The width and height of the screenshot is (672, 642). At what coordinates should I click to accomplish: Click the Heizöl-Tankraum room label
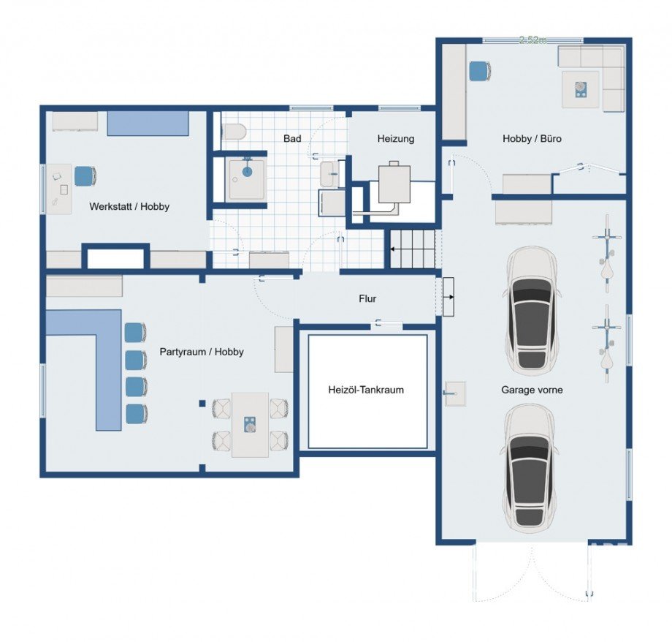(366, 390)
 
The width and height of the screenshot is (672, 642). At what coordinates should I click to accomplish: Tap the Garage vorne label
(532, 390)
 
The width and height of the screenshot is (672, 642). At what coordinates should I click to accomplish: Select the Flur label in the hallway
(368, 298)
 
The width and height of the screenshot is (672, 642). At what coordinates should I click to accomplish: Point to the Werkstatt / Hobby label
(129, 207)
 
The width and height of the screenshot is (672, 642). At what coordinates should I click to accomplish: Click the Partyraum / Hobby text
(202, 352)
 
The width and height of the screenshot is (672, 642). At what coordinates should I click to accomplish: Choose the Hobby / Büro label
(532, 138)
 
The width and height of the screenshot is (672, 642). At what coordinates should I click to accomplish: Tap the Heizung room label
(396, 138)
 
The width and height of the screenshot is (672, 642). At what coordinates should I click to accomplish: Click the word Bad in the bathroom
(293, 138)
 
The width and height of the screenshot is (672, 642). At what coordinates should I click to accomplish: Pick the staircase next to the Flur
(412, 249)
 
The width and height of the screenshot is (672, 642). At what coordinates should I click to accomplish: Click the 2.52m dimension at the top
(532, 40)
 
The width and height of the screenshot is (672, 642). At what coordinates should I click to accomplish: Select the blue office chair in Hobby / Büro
(478, 71)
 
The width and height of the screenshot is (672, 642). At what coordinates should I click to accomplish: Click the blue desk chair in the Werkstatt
(85, 176)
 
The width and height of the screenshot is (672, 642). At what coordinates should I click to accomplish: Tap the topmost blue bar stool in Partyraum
(135, 332)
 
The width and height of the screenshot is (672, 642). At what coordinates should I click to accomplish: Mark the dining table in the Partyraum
(250, 424)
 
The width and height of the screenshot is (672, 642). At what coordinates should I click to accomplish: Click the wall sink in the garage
(453, 393)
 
